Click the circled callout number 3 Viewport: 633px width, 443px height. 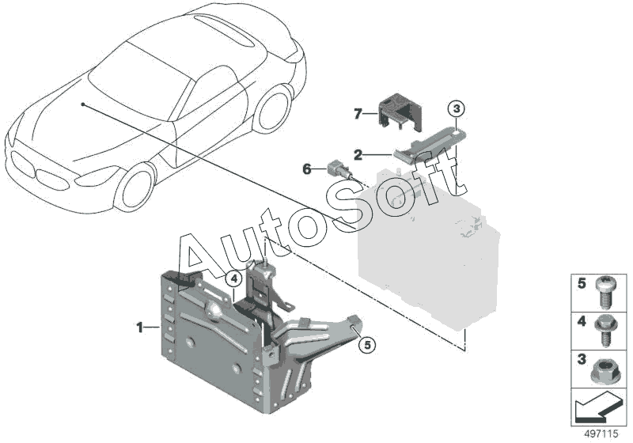tap(457, 109)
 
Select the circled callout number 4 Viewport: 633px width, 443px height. tap(233, 278)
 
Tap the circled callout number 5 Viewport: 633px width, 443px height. tap(367, 345)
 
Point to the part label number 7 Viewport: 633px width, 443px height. tap(358, 114)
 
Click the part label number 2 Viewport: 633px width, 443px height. tap(358, 154)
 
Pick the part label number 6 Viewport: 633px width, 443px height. tap(307, 169)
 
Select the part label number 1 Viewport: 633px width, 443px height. tap(140, 328)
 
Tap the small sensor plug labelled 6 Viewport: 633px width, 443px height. tap(342, 170)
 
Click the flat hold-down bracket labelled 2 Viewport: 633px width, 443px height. tap(429, 145)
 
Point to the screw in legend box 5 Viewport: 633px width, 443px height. tap(605, 293)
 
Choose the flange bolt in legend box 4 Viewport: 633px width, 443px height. tap(605, 331)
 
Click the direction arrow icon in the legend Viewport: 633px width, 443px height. tap(597, 408)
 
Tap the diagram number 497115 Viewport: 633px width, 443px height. tap(601, 434)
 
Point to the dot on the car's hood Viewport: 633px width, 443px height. tap(83, 104)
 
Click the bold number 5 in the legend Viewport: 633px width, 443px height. tap(582, 283)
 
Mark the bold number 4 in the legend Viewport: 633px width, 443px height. tap(582, 321)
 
